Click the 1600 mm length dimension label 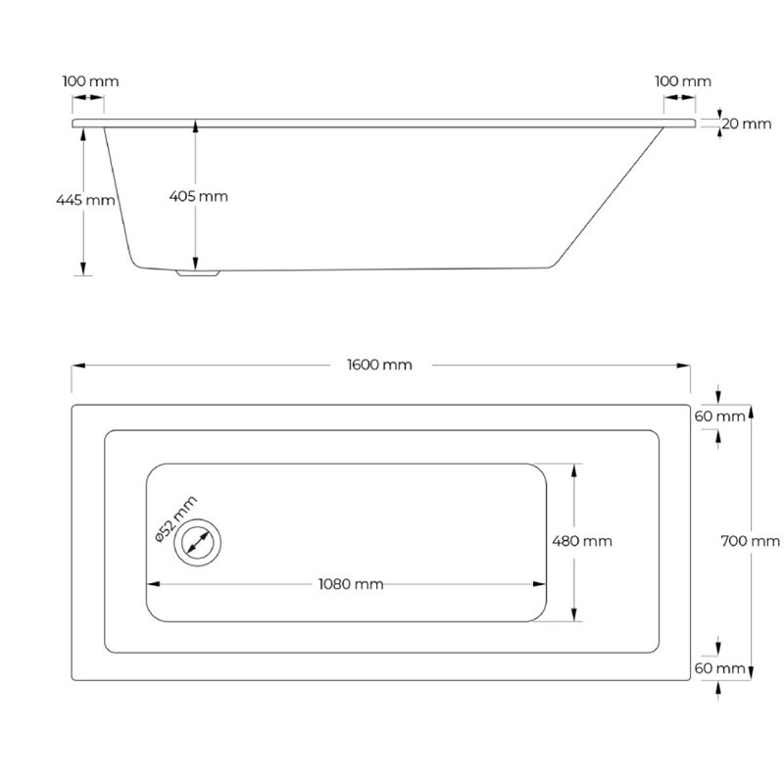point(379,365)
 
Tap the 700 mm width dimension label point(750,541)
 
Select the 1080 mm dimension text point(351,584)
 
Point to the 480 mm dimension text point(582,541)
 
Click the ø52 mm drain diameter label point(176,519)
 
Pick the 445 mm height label point(85,200)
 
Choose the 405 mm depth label point(199,196)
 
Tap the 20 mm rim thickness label point(747,123)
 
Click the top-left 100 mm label point(90,81)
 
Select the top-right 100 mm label point(683,81)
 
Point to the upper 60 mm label point(719,416)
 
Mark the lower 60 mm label point(719,668)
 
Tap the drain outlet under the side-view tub point(198,273)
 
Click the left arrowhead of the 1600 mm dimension point(78,366)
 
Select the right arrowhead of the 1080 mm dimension point(540,584)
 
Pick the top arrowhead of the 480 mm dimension point(574,470)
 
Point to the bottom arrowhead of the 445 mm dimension point(83,269)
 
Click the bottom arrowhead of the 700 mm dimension point(751,673)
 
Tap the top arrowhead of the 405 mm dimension point(195,126)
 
